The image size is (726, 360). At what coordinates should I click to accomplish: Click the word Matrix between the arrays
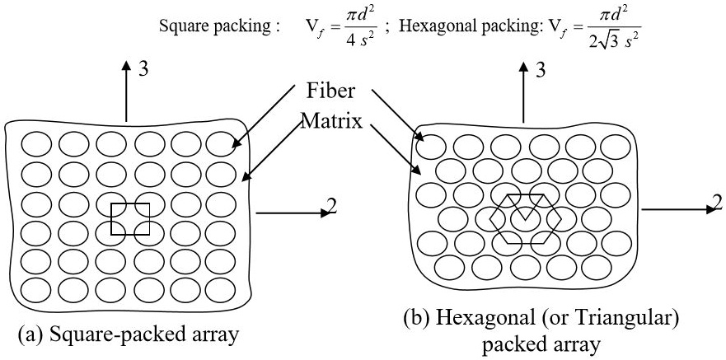point(332,121)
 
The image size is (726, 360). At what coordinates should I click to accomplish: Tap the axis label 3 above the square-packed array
point(143,71)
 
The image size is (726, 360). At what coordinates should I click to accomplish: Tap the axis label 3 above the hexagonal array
point(541,71)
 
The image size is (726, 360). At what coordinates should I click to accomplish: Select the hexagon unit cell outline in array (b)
point(524,218)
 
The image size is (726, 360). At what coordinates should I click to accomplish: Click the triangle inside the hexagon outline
point(524,207)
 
